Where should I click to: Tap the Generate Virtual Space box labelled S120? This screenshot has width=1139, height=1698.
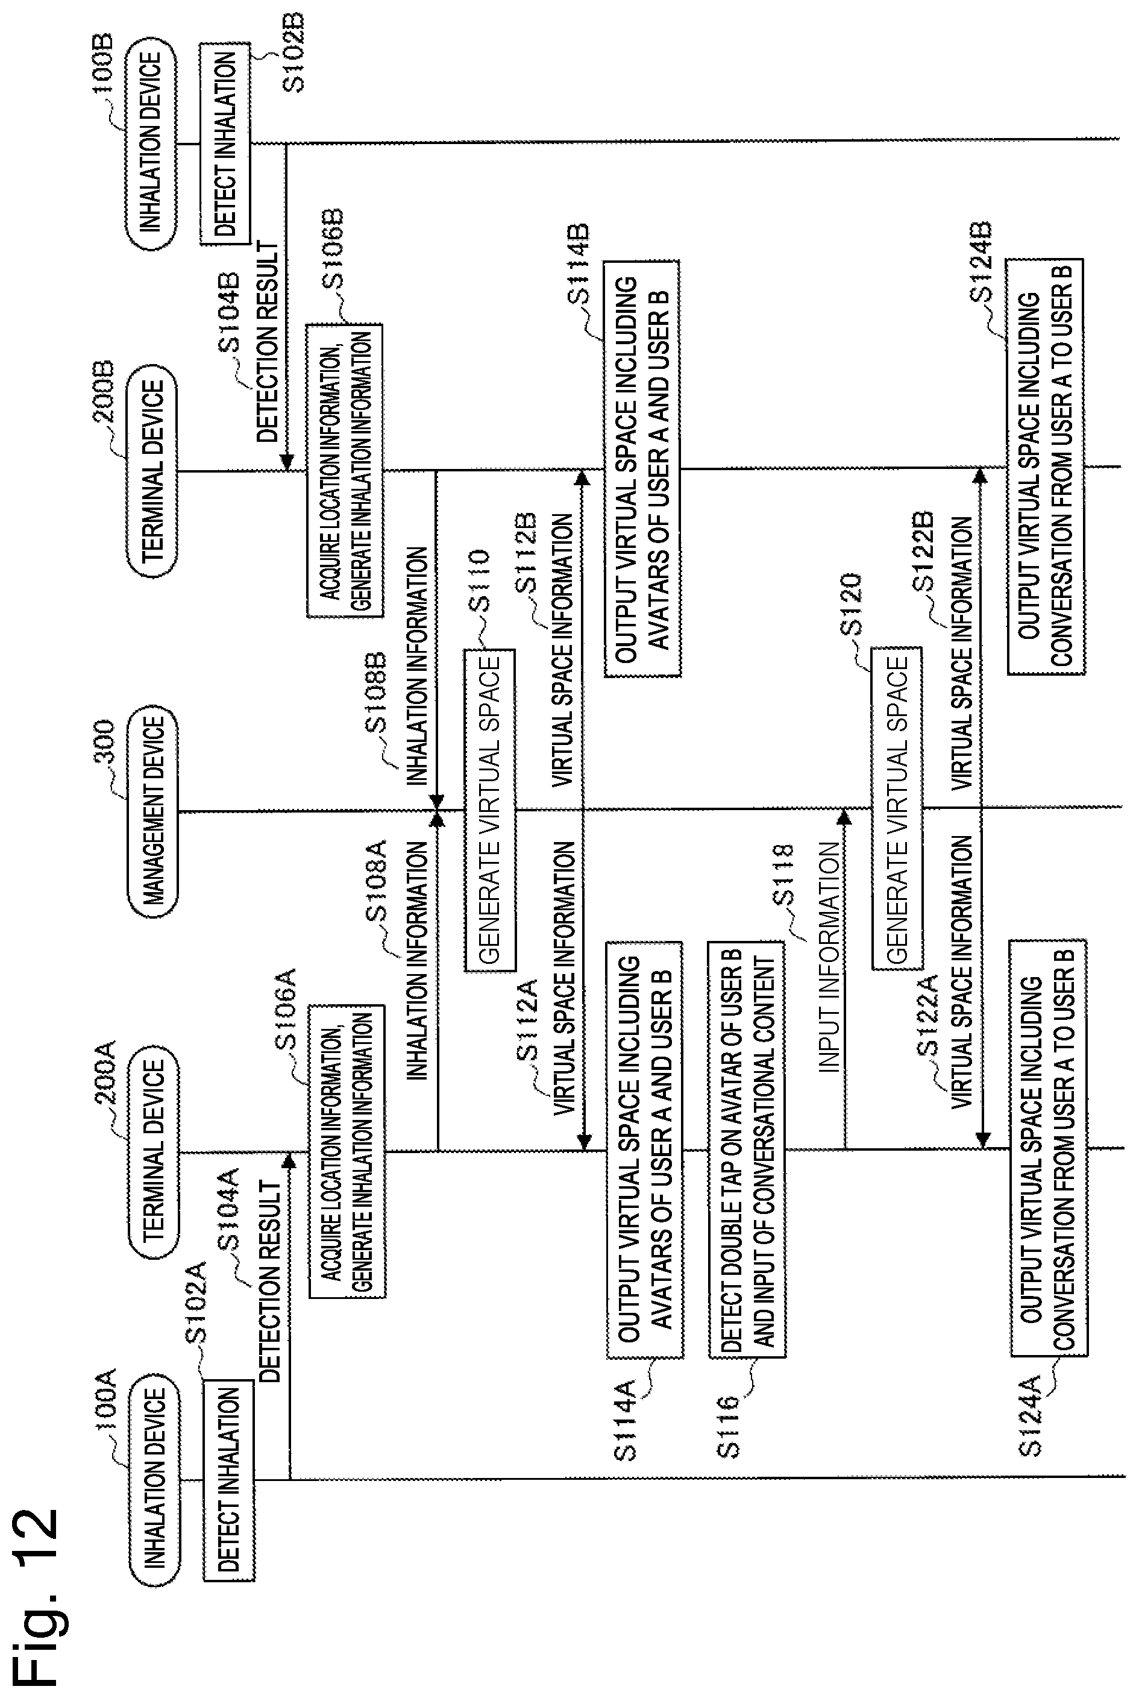click(897, 809)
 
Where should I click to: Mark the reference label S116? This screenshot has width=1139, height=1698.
click(729, 1426)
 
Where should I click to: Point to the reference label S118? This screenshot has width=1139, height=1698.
click(782, 875)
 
